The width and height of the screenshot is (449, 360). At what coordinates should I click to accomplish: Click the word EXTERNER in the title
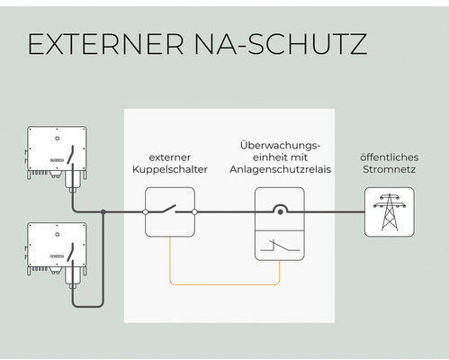[x=105, y=44]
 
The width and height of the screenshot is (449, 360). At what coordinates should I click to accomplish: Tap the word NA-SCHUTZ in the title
[x=281, y=44]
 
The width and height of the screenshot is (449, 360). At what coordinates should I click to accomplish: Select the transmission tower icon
[x=390, y=211]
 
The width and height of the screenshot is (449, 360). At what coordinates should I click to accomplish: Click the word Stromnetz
[x=389, y=169]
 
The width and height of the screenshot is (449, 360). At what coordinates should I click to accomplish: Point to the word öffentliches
[x=389, y=157]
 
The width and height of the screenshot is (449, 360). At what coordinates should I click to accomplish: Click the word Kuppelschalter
[x=170, y=169]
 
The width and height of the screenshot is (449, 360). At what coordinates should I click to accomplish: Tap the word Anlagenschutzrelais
[x=280, y=169]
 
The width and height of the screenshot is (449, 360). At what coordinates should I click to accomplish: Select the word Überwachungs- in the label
[x=280, y=146]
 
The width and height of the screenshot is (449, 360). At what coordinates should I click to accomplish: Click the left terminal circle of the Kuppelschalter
[x=145, y=212]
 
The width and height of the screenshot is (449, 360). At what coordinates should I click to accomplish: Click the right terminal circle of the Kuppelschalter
[x=194, y=212]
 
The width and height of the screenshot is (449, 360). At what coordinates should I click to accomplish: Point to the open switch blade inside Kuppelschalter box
[x=169, y=209]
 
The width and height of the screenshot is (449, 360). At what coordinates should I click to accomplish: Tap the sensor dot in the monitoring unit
[x=280, y=212]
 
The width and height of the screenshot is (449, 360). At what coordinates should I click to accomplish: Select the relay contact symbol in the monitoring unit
[x=280, y=246]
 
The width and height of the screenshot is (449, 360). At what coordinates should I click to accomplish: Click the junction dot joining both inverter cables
[x=103, y=212]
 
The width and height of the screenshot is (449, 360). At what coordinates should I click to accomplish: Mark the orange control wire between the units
[x=225, y=283]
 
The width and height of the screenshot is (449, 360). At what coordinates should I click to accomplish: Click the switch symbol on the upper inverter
[x=71, y=155]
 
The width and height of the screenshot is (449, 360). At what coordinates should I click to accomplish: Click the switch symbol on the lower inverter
[x=71, y=252]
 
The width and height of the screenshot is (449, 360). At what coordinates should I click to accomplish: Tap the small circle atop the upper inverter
[x=57, y=139]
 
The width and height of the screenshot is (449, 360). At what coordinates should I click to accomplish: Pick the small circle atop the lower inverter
[x=57, y=235]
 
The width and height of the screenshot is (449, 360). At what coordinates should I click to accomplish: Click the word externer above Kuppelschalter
[x=170, y=157]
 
